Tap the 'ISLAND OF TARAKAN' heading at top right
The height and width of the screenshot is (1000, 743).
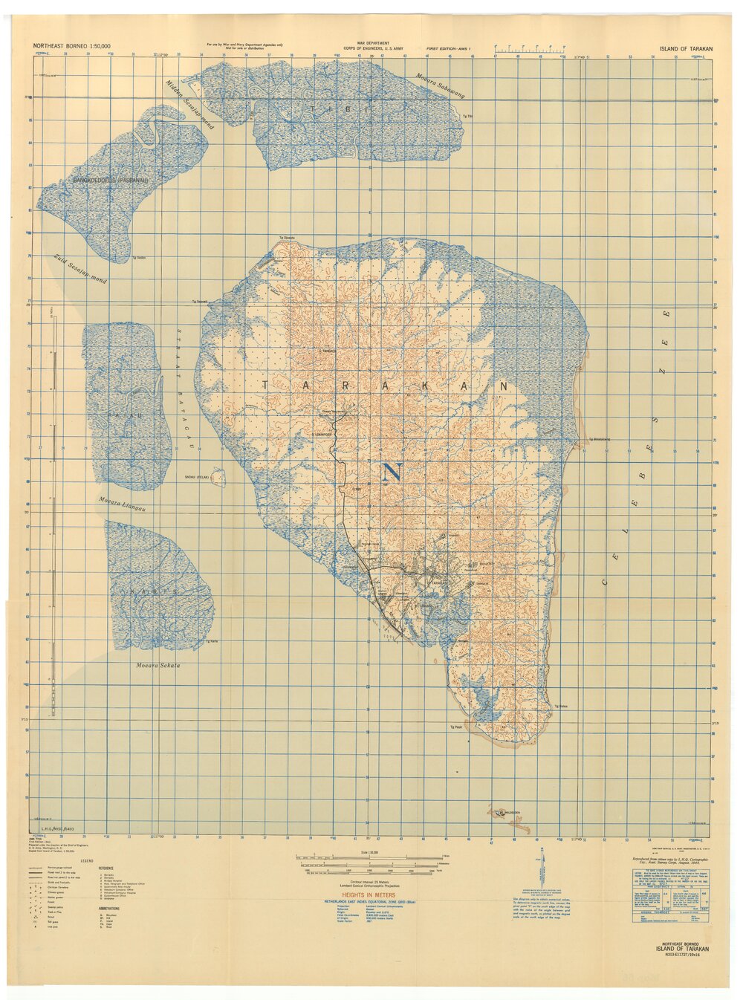click(x=686, y=48)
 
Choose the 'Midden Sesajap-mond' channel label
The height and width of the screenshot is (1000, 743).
click(x=189, y=105)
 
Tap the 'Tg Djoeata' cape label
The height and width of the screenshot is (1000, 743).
click(x=287, y=238)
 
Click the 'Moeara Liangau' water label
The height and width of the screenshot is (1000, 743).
click(x=121, y=504)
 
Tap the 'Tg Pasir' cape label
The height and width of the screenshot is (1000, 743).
click(x=456, y=725)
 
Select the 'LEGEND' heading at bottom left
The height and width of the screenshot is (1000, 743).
click(x=87, y=861)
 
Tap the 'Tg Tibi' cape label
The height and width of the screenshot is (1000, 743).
click(x=467, y=117)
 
